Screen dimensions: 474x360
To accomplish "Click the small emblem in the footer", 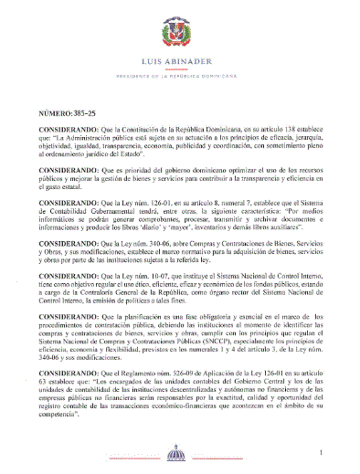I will [180, 455].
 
